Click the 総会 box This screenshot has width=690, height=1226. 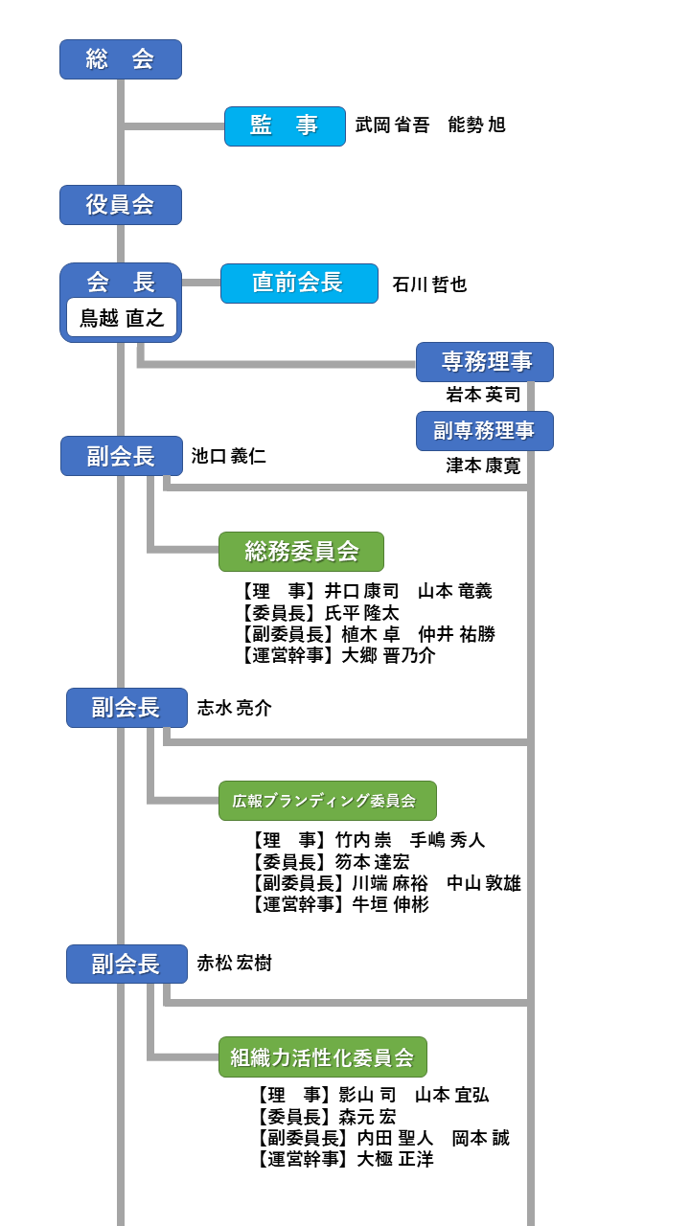[121, 59]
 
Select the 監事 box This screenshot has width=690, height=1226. [285, 126]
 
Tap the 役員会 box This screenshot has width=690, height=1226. [121, 205]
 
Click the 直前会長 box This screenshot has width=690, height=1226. [299, 284]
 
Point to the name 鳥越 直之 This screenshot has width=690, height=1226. [122, 318]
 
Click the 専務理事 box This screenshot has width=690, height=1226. [485, 362]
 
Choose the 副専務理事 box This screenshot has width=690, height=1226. [485, 431]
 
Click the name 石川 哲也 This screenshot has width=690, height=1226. [430, 284]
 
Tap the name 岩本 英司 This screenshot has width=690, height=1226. [483, 395]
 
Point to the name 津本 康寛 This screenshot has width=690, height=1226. [483, 465]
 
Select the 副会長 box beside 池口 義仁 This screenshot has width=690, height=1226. [122, 456]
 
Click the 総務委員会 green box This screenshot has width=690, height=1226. [301, 552]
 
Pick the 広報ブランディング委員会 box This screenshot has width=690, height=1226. [328, 801]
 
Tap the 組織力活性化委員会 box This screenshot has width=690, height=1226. [323, 1056]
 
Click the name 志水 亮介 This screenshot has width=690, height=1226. [235, 708]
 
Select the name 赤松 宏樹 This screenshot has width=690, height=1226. [235, 964]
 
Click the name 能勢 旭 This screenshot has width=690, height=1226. [476, 125]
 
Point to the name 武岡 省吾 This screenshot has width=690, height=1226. [393, 125]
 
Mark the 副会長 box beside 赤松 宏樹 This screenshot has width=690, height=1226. [127, 964]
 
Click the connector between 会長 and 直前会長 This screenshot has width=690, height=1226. [201, 283]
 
